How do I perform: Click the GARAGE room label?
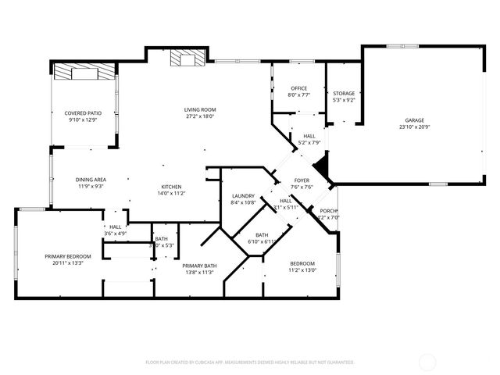coord(415,120)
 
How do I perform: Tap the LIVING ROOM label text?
coord(200,109)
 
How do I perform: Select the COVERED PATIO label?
coord(83,113)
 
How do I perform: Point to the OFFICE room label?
coord(298,88)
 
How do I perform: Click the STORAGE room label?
coord(344,94)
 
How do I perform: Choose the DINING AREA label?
coord(91,180)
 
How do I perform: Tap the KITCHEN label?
coord(172,186)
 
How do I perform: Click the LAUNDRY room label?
coord(244,195)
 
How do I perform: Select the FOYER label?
coord(302,180)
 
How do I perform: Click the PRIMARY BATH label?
coord(199,266)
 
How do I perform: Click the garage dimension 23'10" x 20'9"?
coord(415,127)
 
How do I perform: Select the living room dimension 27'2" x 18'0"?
coord(200,116)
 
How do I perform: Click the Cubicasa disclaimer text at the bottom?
coord(250,362)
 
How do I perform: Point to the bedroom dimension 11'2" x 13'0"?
coord(302,270)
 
